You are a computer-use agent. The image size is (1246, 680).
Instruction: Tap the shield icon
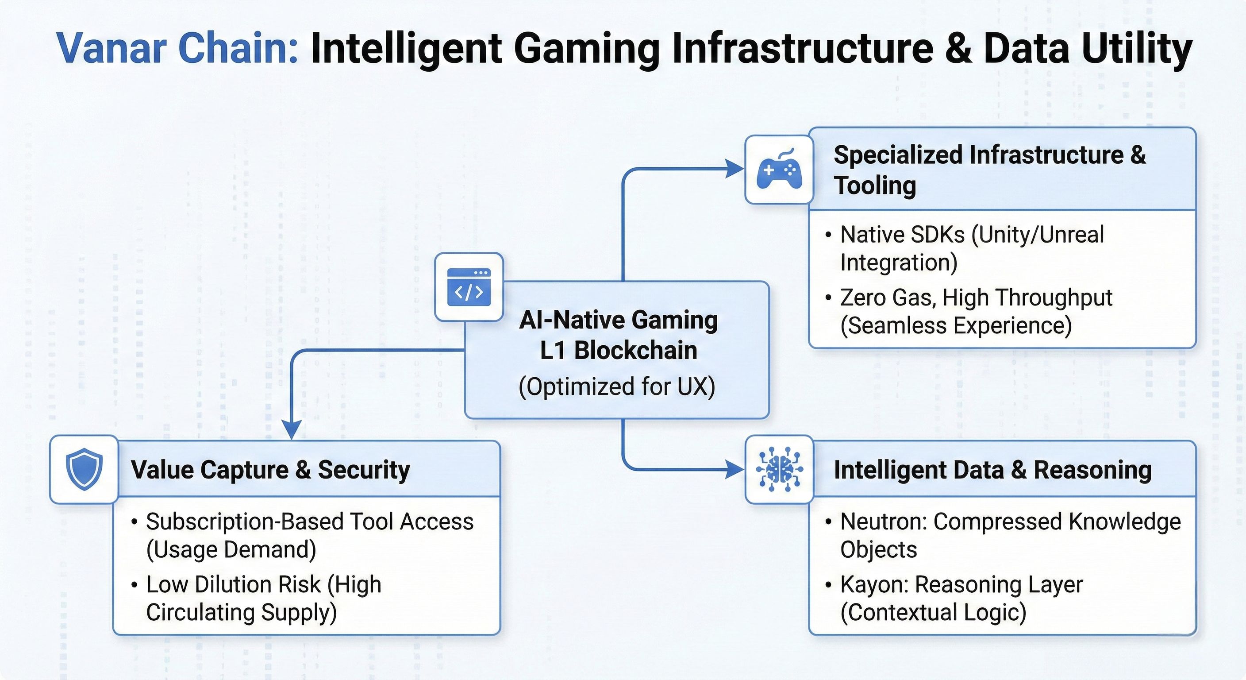pyautogui.click(x=84, y=469)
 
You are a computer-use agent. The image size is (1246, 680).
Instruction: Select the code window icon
pyautogui.click(x=469, y=287)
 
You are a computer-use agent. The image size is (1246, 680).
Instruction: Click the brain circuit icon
pyautogui.click(x=779, y=469)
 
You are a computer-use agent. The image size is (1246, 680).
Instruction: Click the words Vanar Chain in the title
pyautogui.click(x=177, y=48)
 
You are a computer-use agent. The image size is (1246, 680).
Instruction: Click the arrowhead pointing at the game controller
pyautogui.click(x=735, y=169)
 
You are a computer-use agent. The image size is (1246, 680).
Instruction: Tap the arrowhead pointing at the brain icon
pyautogui.click(x=735, y=469)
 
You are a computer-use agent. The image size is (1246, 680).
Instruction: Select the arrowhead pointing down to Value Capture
pyautogui.click(x=292, y=430)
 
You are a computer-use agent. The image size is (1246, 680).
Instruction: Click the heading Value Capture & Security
pyautogui.click(x=270, y=470)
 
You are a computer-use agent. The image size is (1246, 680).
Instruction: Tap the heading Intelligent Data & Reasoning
pyautogui.click(x=992, y=470)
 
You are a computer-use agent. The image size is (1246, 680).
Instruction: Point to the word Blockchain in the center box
pyautogui.click(x=635, y=351)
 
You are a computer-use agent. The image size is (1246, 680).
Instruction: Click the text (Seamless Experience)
pyautogui.click(x=956, y=325)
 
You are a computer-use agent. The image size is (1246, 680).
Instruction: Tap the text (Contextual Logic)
pyautogui.click(x=933, y=612)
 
